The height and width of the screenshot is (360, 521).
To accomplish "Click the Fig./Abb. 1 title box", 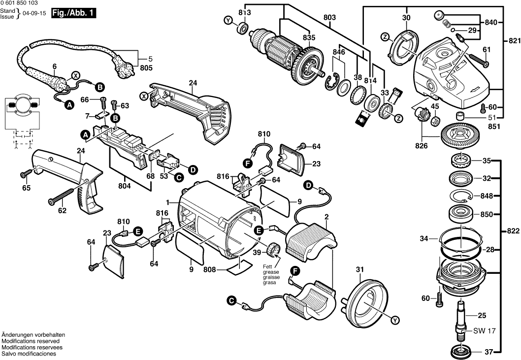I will (x=77, y=14).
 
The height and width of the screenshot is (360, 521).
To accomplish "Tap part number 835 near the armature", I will (x=309, y=37).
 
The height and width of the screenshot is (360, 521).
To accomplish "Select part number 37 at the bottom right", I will (x=488, y=352).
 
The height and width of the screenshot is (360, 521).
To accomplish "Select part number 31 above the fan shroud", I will (x=360, y=269).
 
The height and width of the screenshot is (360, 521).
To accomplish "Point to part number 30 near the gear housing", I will (x=406, y=18).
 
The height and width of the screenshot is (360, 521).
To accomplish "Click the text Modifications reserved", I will (x=31, y=341).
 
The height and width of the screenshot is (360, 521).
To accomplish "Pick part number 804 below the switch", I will (x=125, y=186).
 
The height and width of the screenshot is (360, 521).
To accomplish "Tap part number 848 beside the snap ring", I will (x=487, y=196).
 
